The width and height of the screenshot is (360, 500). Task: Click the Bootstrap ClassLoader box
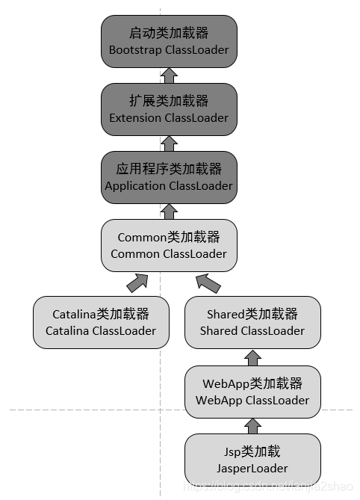click(x=169, y=42)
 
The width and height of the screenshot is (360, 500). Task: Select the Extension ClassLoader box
click(x=169, y=110)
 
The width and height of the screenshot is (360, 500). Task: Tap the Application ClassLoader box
click(x=169, y=178)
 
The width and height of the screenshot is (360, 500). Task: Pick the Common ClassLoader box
click(x=169, y=245)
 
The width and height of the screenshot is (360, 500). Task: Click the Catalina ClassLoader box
click(x=101, y=321)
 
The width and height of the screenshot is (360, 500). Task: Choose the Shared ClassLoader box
click(x=252, y=321)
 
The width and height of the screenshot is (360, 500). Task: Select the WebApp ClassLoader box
click(x=252, y=392)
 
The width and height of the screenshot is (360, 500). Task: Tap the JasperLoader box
click(x=252, y=460)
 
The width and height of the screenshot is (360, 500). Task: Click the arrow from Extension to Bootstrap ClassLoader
click(x=169, y=75)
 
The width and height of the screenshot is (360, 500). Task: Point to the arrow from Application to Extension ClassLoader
click(x=169, y=143)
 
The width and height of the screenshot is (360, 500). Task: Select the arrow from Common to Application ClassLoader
click(x=169, y=212)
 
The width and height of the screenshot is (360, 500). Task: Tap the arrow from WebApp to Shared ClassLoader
click(x=252, y=357)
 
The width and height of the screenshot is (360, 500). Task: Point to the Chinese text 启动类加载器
click(x=169, y=34)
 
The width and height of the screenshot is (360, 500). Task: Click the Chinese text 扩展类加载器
click(x=169, y=102)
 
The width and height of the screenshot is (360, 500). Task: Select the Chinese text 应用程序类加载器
click(x=169, y=170)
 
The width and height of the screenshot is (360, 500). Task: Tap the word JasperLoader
click(x=252, y=469)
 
